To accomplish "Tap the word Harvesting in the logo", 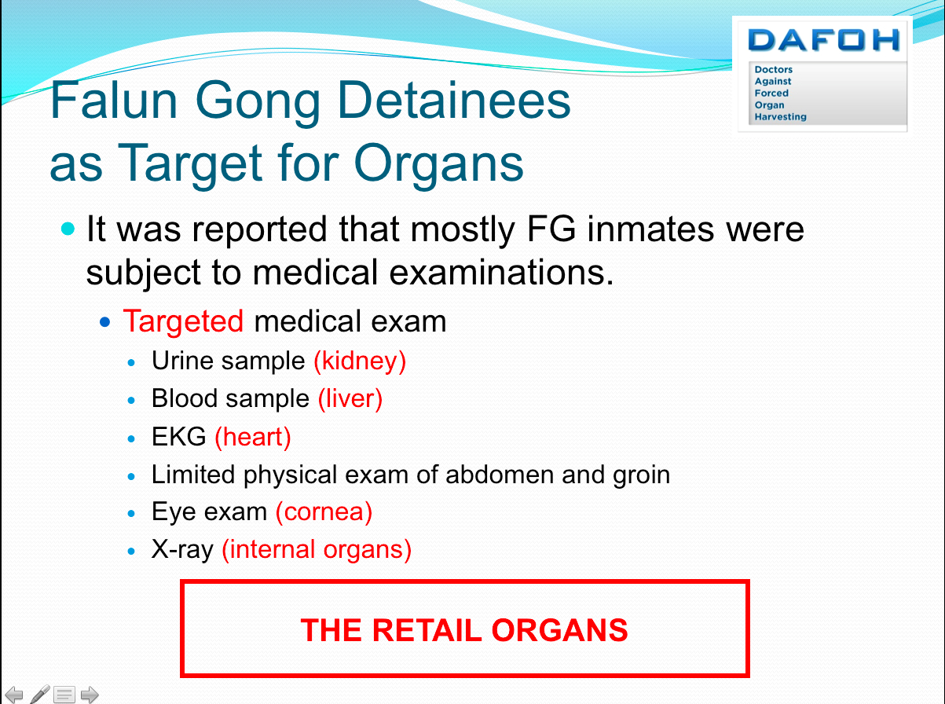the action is [780, 117].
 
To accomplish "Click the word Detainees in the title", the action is [454, 101].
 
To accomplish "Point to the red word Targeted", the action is [183, 321].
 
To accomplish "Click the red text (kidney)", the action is [360, 361].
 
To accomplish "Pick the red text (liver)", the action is [350, 399].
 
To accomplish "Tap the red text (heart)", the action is [253, 437].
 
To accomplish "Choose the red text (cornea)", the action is [324, 512].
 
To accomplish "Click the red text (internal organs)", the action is [317, 550].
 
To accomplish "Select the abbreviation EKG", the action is [178, 437].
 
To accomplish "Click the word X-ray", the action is [182, 550].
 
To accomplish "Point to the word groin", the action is [641, 475].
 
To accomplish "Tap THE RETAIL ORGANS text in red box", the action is [464, 630].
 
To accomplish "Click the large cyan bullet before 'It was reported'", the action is [68, 229].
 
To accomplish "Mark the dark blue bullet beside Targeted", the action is [104, 322].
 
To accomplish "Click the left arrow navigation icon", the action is [14, 695].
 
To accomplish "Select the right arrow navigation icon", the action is [90, 695].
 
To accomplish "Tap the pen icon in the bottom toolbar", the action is [39, 695].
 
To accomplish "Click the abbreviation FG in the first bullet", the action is [551, 229].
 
